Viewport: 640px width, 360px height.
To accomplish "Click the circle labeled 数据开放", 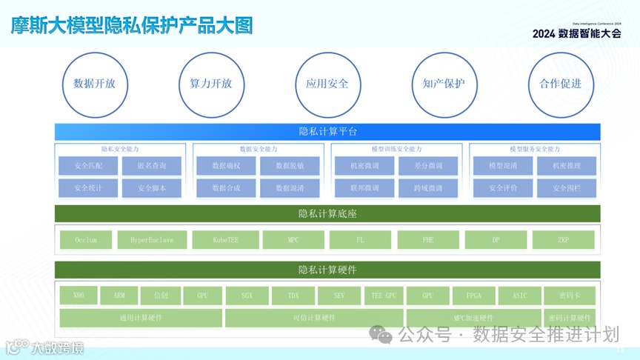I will click(94, 84).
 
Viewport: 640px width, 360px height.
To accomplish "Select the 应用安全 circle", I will click(327, 84).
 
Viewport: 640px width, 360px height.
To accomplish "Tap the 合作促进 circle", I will click(560, 84).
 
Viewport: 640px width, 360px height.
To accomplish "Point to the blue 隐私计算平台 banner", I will click(327, 132).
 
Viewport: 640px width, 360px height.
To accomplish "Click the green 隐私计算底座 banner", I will click(327, 214).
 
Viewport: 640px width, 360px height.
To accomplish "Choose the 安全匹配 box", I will click(88, 166).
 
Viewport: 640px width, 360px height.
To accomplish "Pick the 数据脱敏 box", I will click(289, 166).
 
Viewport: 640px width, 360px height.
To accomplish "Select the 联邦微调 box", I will click(364, 188).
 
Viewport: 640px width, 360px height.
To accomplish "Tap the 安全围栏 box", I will click(566, 188).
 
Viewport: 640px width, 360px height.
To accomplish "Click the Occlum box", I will click(86, 240).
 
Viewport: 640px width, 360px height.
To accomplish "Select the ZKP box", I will click(563, 240).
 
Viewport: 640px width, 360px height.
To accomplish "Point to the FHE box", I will click(427, 240).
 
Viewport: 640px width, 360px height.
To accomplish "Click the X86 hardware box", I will click(79, 296).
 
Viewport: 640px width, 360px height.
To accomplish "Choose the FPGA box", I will click(473, 296).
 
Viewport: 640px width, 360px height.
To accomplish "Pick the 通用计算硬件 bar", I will click(141, 318).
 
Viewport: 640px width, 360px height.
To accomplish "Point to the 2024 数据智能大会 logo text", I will click(576, 33).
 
